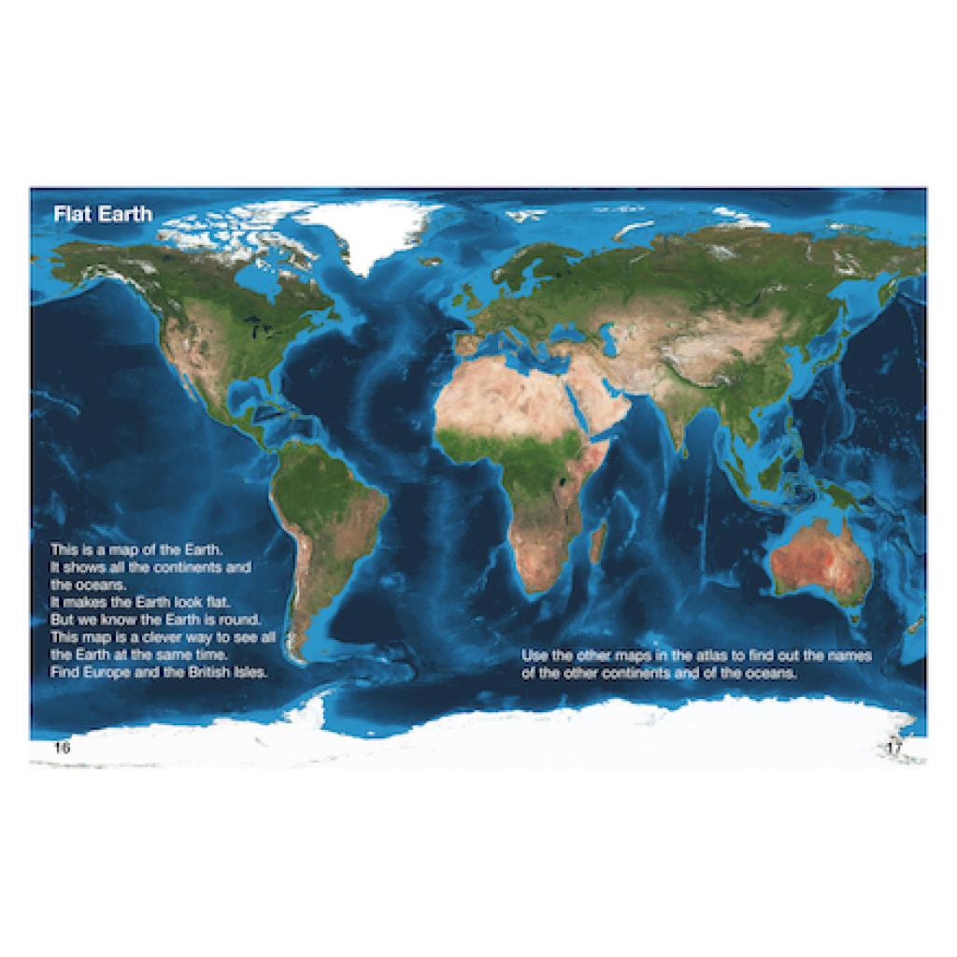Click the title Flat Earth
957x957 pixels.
click(x=102, y=214)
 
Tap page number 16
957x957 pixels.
click(x=62, y=748)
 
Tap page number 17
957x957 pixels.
click(x=894, y=748)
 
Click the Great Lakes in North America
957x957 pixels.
click(x=251, y=323)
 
